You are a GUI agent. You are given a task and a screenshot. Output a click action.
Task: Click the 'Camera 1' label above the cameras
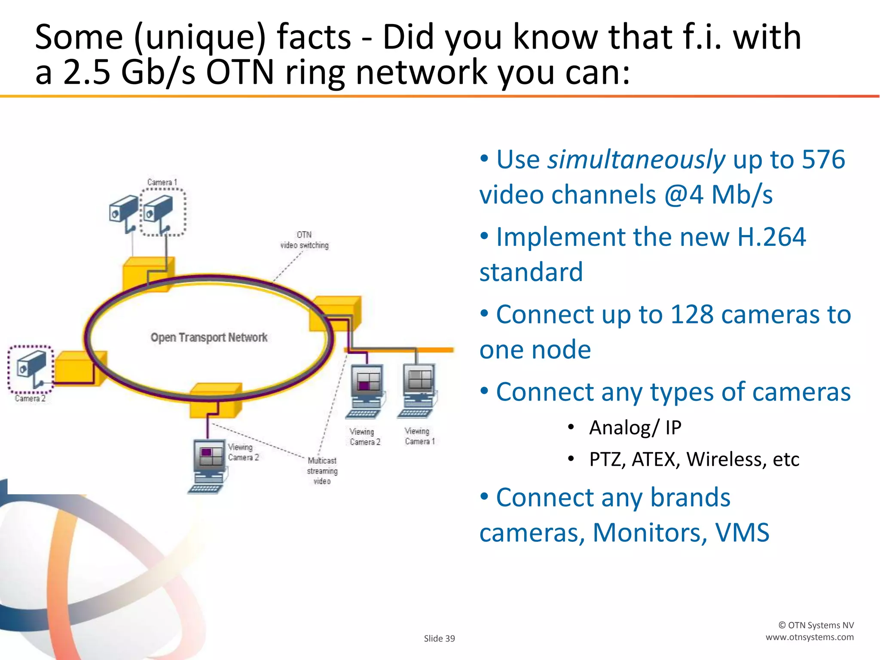162,182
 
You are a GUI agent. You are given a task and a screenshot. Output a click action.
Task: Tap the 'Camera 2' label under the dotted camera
30,398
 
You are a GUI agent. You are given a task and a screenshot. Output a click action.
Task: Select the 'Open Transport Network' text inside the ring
209,337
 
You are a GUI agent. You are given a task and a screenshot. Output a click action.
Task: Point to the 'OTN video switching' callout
304,240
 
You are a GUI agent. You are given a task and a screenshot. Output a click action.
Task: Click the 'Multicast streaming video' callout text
322,471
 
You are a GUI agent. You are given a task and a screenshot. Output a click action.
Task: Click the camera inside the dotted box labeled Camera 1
160,211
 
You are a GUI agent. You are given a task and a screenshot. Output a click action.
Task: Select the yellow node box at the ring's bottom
215,400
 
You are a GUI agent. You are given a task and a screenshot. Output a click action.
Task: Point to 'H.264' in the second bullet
771,237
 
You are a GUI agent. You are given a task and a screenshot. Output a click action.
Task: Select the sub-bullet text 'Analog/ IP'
635,428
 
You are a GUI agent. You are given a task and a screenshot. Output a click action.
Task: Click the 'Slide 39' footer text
439,639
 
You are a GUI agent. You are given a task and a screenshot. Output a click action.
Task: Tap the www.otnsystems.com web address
810,637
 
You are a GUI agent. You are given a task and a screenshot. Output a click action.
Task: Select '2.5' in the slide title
86,72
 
